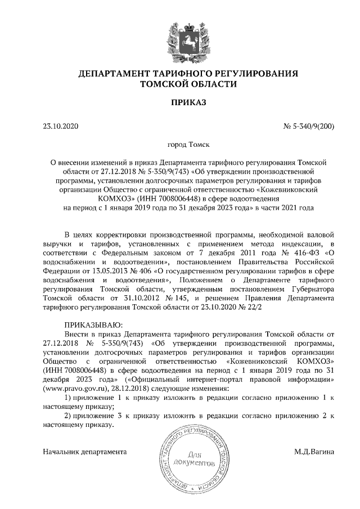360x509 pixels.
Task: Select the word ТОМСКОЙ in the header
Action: (166, 84)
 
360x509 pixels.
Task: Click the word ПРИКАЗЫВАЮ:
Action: (89, 325)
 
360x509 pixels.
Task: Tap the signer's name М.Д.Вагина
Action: (314, 451)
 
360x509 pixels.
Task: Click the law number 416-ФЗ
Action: (299, 253)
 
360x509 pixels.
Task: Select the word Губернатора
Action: (310, 289)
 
